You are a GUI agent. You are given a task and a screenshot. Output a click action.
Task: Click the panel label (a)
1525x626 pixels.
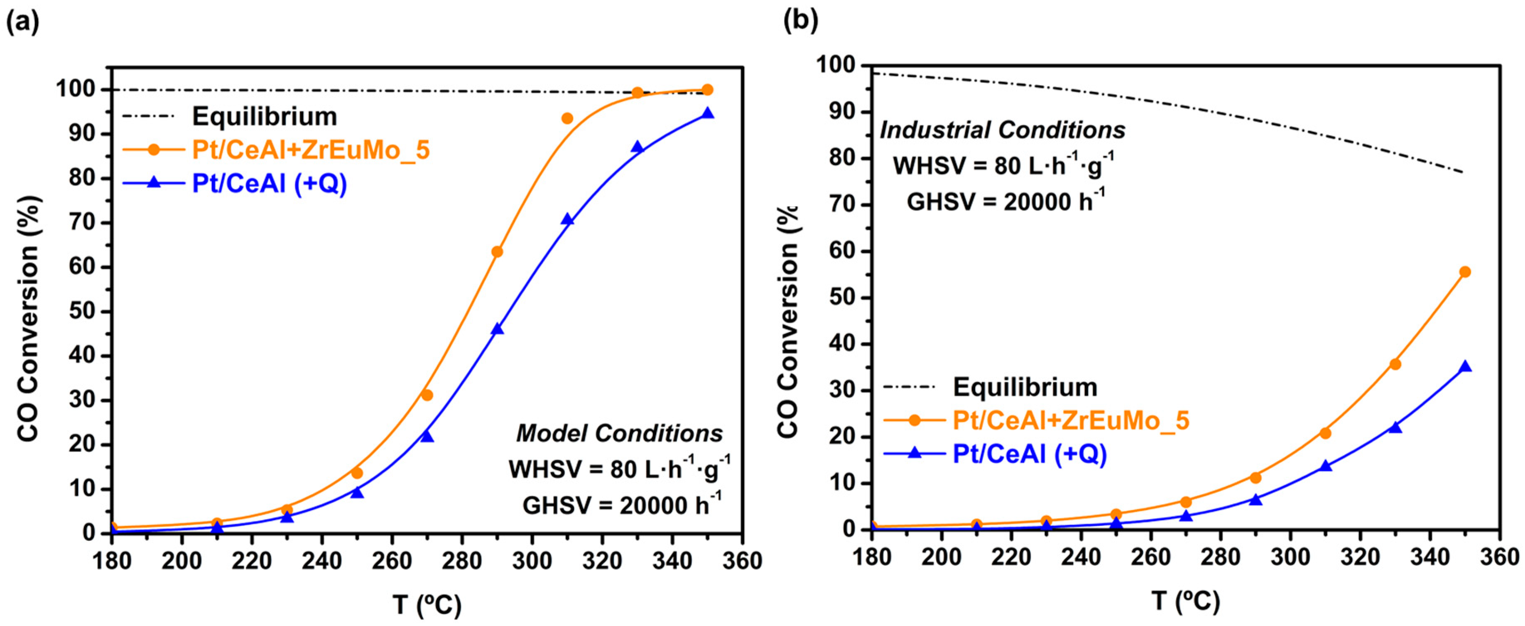click(x=22, y=22)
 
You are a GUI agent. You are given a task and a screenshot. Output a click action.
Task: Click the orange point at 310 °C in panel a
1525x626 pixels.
click(x=567, y=118)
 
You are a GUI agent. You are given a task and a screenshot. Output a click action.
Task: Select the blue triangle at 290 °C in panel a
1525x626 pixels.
click(x=497, y=329)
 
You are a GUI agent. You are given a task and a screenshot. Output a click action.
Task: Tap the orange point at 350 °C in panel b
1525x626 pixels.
click(x=1465, y=272)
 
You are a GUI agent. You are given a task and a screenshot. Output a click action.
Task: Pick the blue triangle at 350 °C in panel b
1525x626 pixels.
click(x=1465, y=367)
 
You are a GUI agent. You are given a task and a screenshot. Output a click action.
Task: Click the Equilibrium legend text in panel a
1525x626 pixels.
click(x=264, y=117)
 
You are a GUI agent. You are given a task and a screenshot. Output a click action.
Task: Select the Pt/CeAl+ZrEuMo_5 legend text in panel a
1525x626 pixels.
click(x=310, y=150)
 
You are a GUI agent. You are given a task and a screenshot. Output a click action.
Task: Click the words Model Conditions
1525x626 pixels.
click(x=619, y=434)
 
